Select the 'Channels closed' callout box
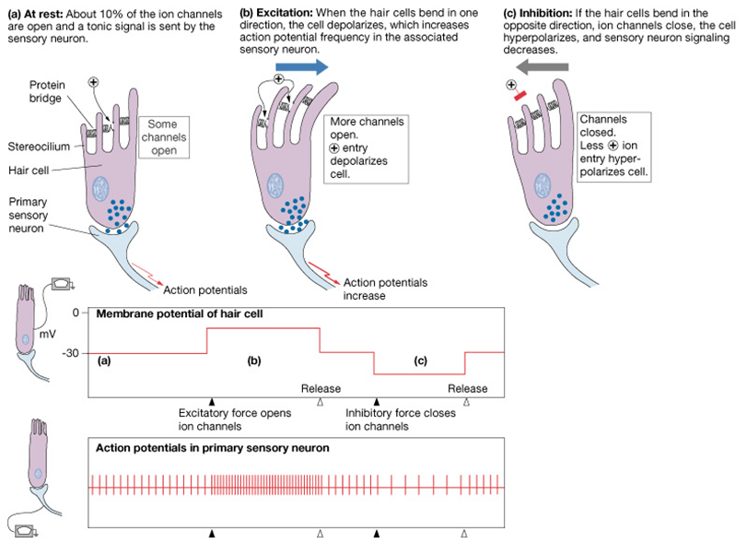click(x=612, y=146)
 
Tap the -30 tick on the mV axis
click(x=70, y=353)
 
